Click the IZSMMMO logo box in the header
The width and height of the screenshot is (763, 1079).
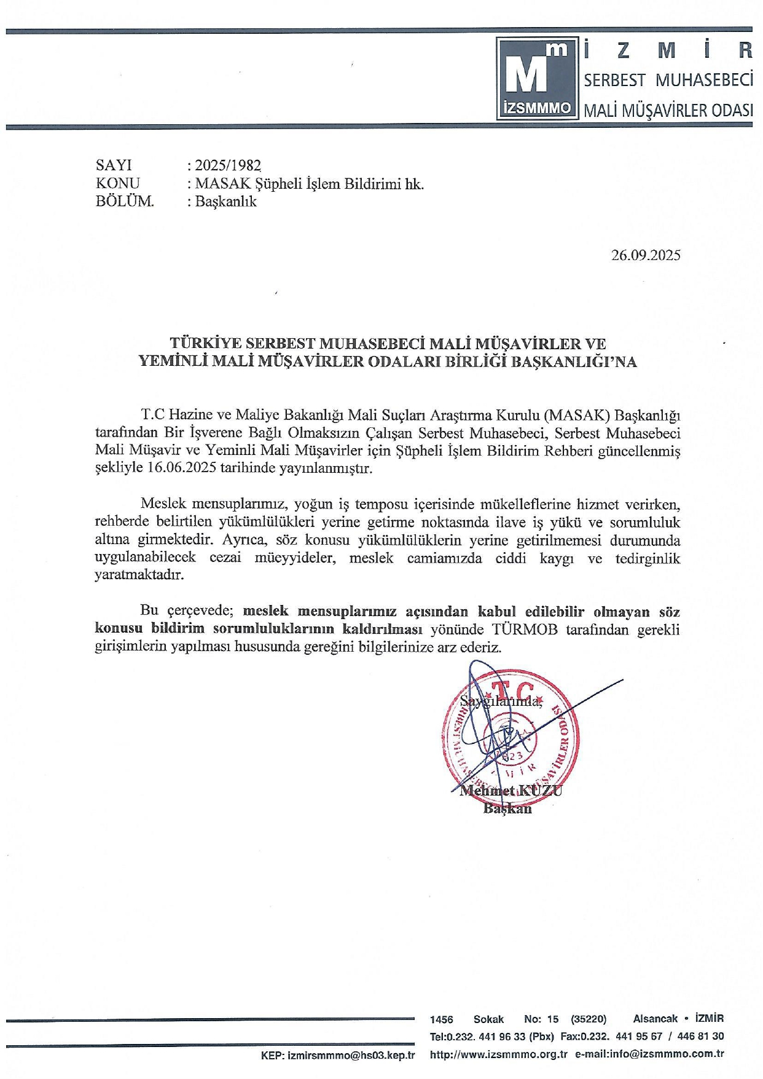536,78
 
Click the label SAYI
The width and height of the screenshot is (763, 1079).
114,165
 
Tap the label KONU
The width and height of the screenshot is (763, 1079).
117,183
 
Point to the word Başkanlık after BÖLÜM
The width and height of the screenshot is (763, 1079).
225,202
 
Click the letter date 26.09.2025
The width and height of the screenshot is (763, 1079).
646,255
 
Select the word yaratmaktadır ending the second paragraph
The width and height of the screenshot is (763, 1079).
139,575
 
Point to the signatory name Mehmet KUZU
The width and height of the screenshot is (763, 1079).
511,791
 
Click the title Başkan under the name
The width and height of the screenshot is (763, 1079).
507,808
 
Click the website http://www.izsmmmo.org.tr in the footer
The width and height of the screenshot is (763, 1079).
498,1054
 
